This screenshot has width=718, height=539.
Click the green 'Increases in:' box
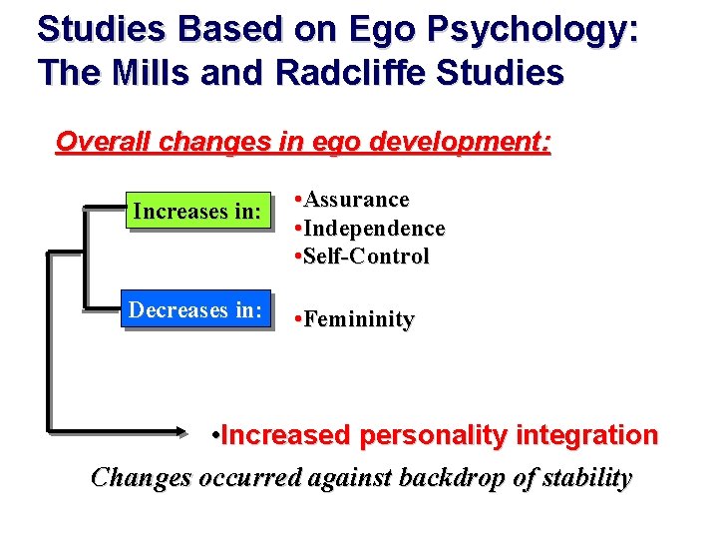click(x=196, y=212)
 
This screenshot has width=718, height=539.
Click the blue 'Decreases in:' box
click(x=195, y=310)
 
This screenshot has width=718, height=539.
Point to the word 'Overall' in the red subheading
click(x=104, y=142)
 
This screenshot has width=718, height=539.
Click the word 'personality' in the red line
click(x=429, y=436)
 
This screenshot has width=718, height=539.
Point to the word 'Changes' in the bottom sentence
click(x=141, y=477)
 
